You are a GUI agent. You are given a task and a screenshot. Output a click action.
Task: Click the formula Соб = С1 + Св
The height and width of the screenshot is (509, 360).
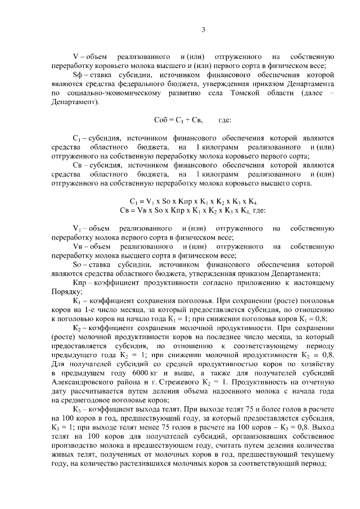point(178,120)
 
